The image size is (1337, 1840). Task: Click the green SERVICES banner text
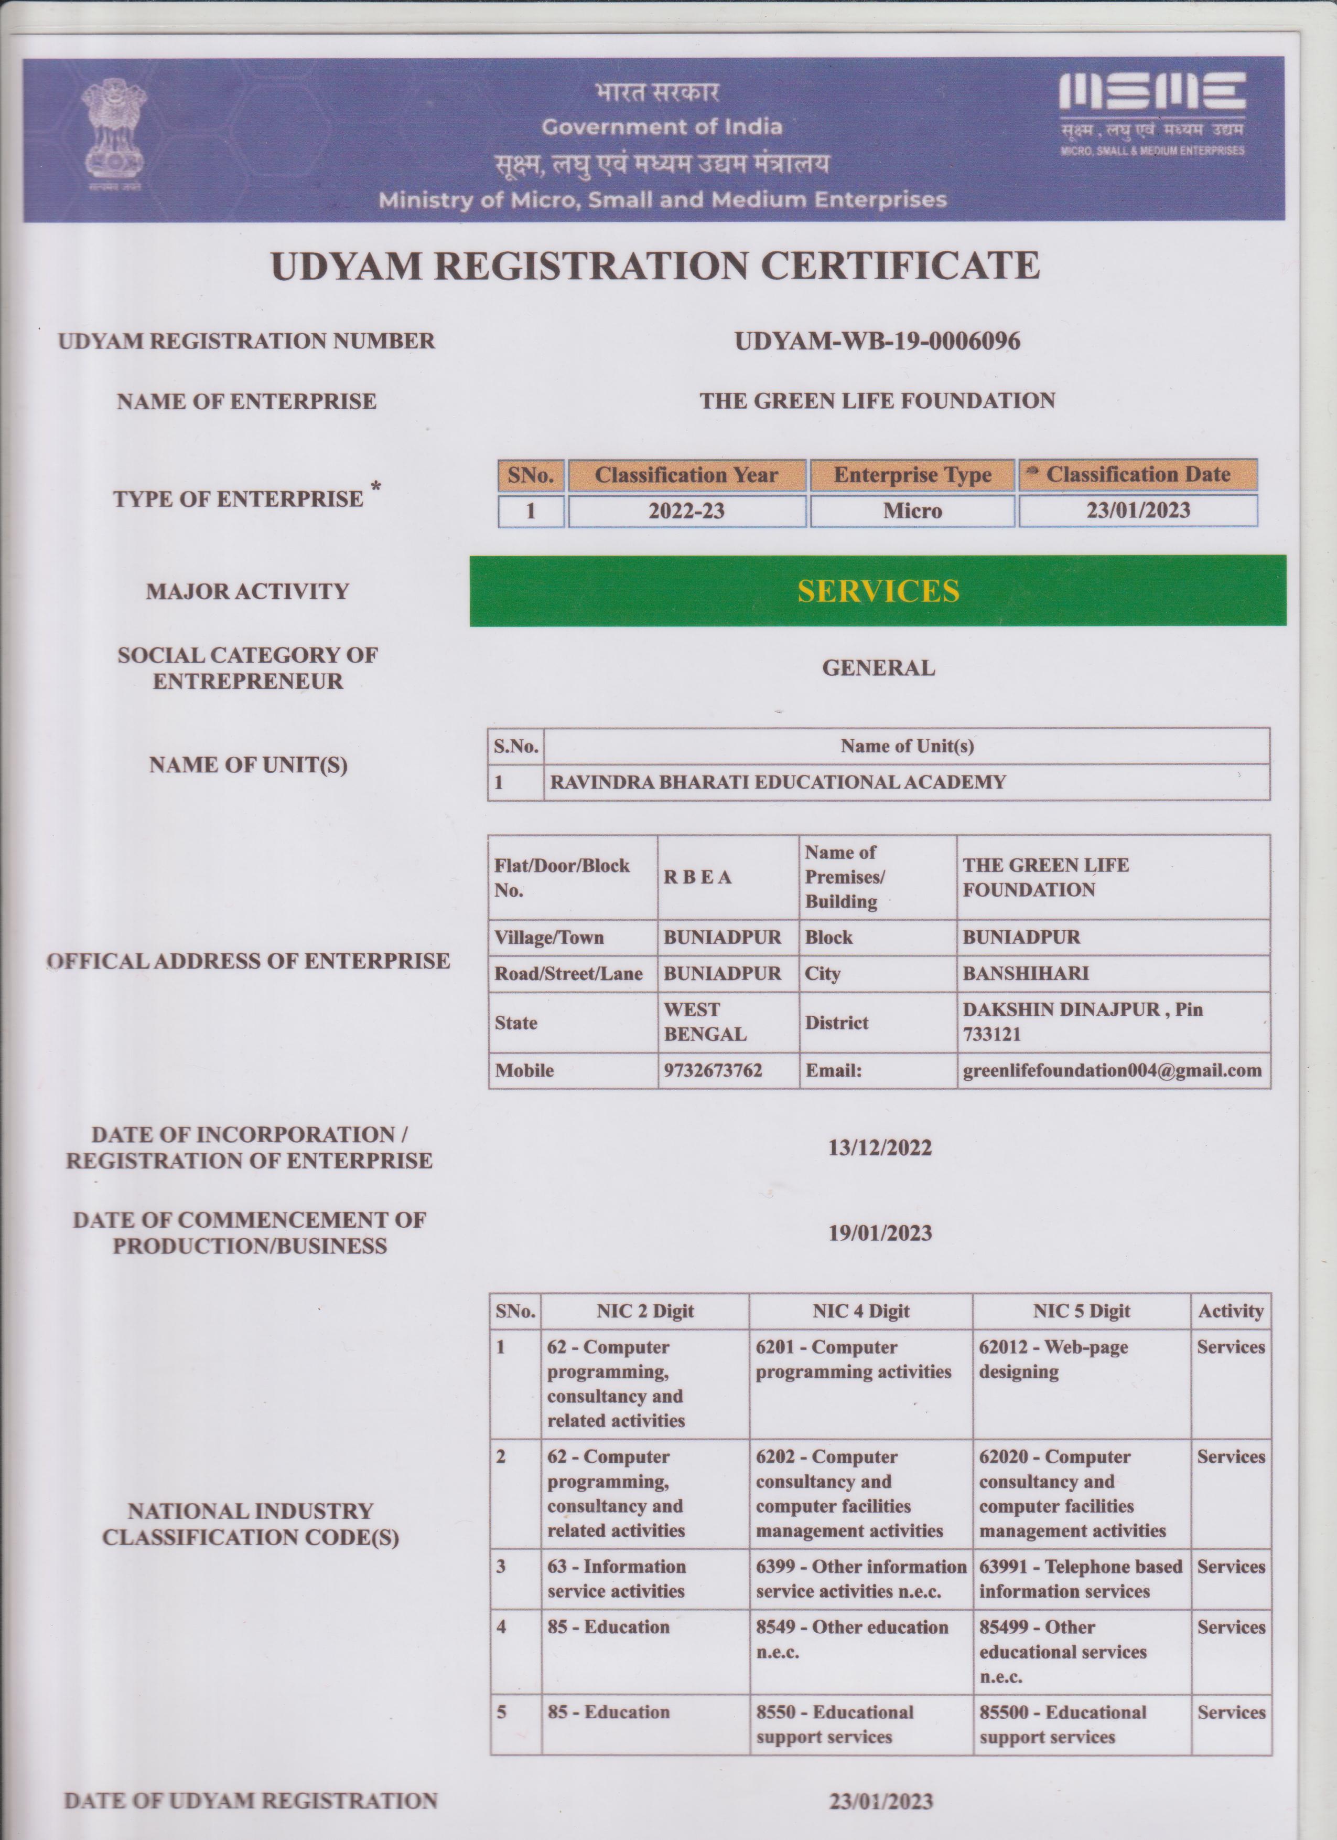(x=878, y=591)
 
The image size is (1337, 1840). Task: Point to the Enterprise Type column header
(x=912, y=475)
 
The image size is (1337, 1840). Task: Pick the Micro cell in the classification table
(x=912, y=511)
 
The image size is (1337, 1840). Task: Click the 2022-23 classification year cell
(x=687, y=511)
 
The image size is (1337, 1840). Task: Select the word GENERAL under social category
(x=878, y=668)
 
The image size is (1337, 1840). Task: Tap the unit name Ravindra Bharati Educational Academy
(x=778, y=782)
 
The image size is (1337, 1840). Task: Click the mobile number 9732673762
(x=713, y=1070)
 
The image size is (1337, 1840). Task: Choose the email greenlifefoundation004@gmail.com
(x=1112, y=1070)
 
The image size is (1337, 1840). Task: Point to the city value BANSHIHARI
(x=1026, y=974)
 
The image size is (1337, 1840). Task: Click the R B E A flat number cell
(x=697, y=877)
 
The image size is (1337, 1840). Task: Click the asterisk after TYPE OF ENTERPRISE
(x=375, y=487)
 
